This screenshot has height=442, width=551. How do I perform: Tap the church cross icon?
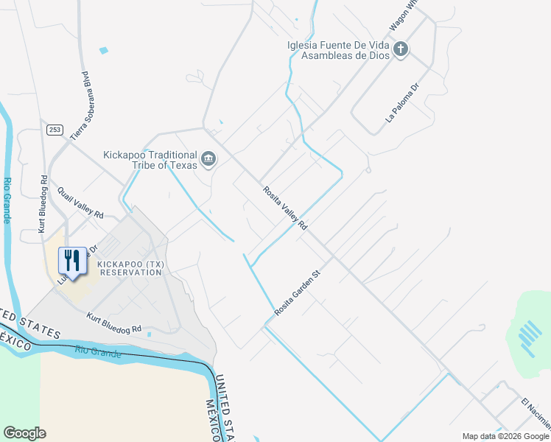coord(401,49)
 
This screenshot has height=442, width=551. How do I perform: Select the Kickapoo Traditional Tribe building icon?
coord(208,158)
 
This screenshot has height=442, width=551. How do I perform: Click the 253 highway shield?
coord(54,130)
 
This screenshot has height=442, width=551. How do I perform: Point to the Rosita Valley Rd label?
coord(285,208)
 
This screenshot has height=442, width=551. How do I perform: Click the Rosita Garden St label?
coord(298,292)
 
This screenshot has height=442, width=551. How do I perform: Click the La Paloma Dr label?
coord(401,102)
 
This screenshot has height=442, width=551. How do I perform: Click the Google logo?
coord(24,433)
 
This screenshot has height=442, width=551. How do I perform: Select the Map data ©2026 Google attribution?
coord(505,436)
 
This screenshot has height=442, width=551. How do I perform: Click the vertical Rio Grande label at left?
coord(7,200)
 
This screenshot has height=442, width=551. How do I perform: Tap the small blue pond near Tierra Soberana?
coord(103,51)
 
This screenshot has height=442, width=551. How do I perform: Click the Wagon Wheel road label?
coord(403,13)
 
